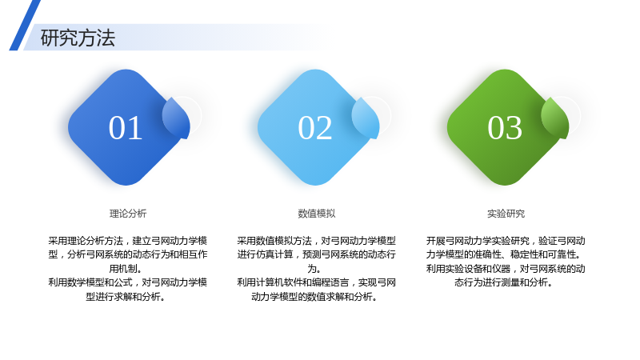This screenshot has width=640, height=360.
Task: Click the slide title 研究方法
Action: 78,38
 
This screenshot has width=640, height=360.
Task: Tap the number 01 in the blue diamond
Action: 126,128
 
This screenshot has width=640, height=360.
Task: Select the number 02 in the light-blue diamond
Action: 314,128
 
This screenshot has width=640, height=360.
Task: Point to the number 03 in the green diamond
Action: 505,128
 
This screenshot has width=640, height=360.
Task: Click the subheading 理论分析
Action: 128,214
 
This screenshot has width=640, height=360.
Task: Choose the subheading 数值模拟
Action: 317,214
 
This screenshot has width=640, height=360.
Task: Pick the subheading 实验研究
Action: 506,214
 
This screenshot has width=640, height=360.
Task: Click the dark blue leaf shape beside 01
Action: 176,118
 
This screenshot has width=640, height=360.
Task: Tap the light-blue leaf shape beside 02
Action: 366,118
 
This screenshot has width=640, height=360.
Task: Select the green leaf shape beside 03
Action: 555,118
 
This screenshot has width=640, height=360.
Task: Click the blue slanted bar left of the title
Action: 25,26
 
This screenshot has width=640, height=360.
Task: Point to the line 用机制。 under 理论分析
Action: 126,269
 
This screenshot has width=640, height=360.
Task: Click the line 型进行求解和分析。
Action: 126,297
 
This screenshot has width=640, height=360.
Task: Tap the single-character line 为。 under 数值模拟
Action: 314,269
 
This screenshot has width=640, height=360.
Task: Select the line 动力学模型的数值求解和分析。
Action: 314,297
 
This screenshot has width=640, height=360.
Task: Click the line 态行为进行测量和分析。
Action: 504,282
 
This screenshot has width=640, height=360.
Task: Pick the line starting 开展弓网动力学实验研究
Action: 506,241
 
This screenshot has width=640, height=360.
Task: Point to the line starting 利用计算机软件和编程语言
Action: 316,282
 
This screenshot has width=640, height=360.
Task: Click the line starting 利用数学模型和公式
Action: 128,282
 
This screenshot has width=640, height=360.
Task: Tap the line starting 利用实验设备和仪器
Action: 506,269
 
